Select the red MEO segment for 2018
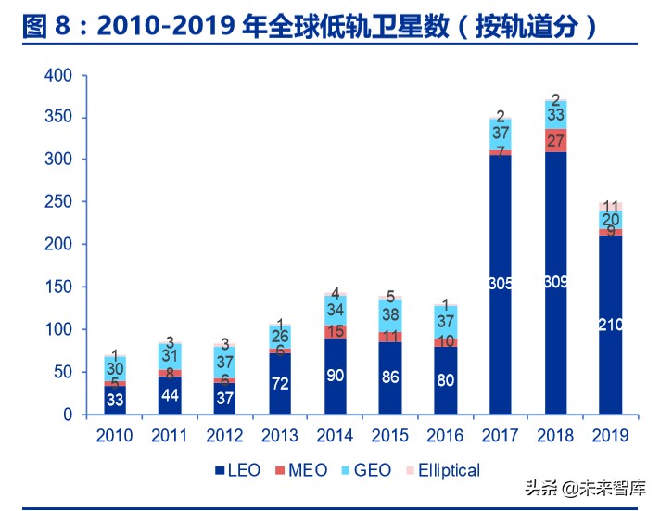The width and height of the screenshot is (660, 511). pyautogui.click(x=556, y=140)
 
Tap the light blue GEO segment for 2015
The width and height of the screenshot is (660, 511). pyautogui.click(x=390, y=314)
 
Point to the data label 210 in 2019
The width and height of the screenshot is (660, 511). pyautogui.click(x=611, y=326)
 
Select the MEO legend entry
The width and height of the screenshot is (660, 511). pyautogui.click(x=299, y=470)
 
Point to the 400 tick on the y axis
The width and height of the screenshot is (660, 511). pyautogui.click(x=57, y=75)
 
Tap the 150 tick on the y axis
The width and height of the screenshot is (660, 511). pyautogui.click(x=57, y=287)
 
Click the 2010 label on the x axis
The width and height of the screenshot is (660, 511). pyautogui.click(x=115, y=436)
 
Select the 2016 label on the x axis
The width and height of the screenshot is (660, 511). pyautogui.click(x=445, y=436)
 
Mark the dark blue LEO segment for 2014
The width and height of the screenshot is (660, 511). pyautogui.click(x=336, y=376)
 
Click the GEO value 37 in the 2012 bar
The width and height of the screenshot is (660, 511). pyautogui.click(x=225, y=362)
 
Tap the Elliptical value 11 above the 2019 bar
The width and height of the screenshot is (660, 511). pyautogui.click(x=611, y=207)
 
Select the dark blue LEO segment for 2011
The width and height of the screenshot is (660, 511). pyautogui.click(x=171, y=395)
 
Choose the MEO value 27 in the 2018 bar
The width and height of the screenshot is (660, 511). pyautogui.click(x=556, y=140)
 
